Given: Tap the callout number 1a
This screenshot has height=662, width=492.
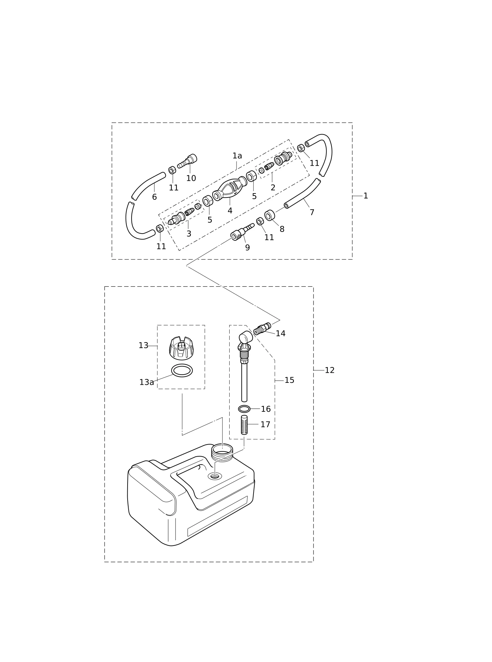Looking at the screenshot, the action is pyautogui.click(x=237, y=156).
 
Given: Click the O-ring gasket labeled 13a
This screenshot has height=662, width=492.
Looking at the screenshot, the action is pyautogui.click(x=182, y=370).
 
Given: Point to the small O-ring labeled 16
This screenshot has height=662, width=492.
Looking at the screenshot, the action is pyautogui.click(x=244, y=409).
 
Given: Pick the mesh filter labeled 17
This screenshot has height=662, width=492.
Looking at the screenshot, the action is pyautogui.click(x=244, y=425).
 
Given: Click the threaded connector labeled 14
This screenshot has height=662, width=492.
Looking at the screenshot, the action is pyautogui.click(x=262, y=329).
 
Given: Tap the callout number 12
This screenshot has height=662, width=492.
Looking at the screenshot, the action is pyautogui.click(x=330, y=370).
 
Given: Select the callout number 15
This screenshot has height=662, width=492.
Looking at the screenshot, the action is pyautogui.click(x=289, y=380).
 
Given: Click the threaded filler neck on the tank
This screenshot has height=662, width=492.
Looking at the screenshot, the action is pyautogui.click(x=222, y=452).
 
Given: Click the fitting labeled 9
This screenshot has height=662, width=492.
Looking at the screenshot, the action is pyautogui.click(x=242, y=232).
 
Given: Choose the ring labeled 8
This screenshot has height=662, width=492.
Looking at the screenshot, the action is pyautogui.click(x=270, y=215).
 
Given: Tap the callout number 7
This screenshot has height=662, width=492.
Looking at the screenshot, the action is pyautogui.click(x=312, y=213).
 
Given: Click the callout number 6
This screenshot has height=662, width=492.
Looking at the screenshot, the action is pyautogui.click(x=154, y=197).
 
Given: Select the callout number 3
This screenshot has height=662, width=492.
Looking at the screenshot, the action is pyautogui.click(x=189, y=234).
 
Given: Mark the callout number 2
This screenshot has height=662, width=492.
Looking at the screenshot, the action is pyautogui.click(x=273, y=188).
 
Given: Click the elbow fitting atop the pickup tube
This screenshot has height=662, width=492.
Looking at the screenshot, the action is pyautogui.click(x=245, y=341).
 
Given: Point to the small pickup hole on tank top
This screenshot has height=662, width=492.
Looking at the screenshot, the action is pyautogui.click(x=215, y=476).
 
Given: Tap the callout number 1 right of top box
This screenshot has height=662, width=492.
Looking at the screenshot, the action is pyautogui.click(x=366, y=196).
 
